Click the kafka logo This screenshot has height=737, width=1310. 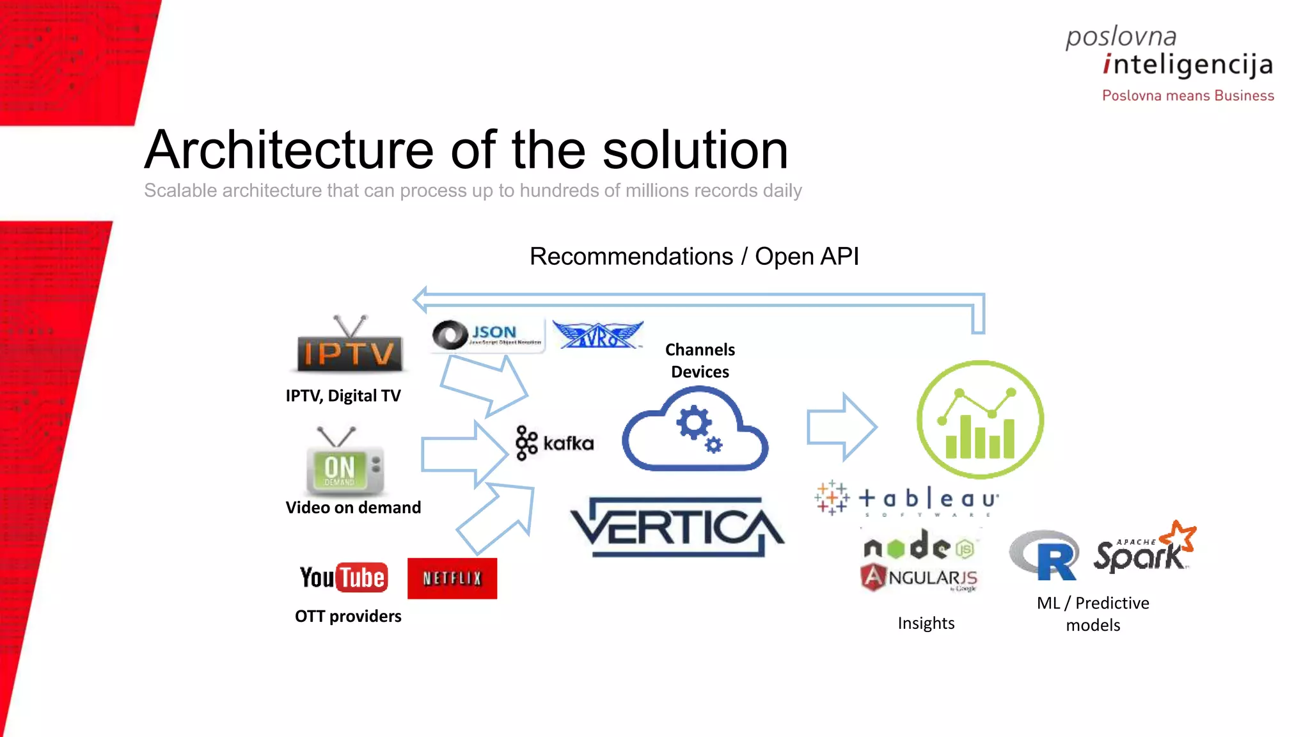[555, 443]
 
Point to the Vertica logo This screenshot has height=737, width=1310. [676, 527]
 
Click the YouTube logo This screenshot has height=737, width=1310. [343, 578]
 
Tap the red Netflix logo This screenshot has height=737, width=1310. [452, 578]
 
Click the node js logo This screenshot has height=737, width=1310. [919, 546]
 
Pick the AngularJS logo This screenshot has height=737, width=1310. [919, 578]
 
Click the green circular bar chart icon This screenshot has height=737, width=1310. [980, 420]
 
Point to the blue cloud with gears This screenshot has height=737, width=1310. [695, 431]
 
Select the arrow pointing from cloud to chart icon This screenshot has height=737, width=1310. [841, 427]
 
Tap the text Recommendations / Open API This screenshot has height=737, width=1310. [694, 257]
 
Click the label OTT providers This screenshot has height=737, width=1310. [348, 616]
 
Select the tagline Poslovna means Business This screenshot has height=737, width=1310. [1188, 96]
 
